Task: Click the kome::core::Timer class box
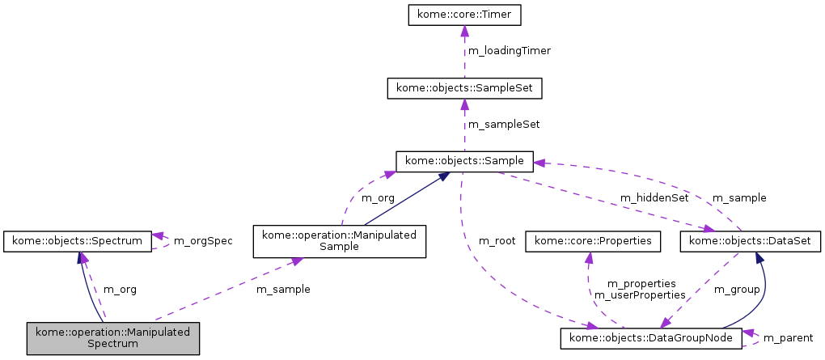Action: pyautogui.click(x=464, y=14)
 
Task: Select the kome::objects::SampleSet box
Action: pyautogui.click(x=464, y=87)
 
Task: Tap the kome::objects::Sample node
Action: pyautogui.click(x=464, y=161)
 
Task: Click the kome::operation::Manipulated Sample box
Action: pyautogui.click(x=340, y=241)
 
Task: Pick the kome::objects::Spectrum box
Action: pyautogui.click(x=77, y=241)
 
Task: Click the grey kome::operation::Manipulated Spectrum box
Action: pyautogui.click(x=112, y=337)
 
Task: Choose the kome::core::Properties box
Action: pyautogui.click(x=593, y=241)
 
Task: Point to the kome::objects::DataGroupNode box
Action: pyautogui.click(x=651, y=337)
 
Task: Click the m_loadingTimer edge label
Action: pyautogui.click(x=510, y=51)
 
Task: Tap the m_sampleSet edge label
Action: pyautogui.click(x=504, y=125)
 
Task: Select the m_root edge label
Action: pyautogui.click(x=497, y=241)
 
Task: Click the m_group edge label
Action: pyautogui.click(x=736, y=289)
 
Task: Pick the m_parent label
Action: pyautogui.click(x=788, y=337)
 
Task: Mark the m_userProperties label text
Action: pyautogui.click(x=635, y=295)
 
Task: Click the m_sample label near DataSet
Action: pyautogui.click(x=738, y=197)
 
